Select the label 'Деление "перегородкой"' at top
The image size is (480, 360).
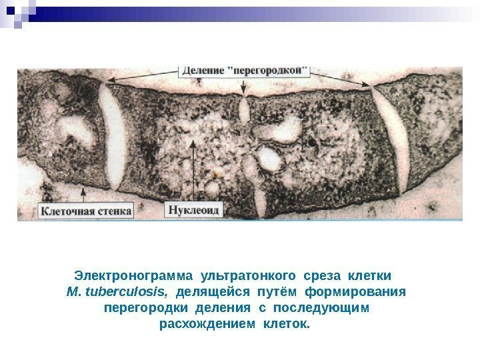(246, 69)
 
